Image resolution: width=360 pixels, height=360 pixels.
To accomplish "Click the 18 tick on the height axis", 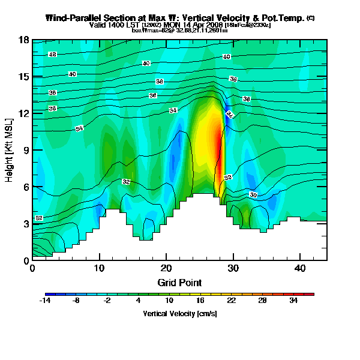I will (x=25, y=40).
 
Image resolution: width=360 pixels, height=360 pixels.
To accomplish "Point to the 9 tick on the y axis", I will (x=25, y=151).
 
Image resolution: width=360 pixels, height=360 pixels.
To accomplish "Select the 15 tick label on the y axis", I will (x=25, y=77).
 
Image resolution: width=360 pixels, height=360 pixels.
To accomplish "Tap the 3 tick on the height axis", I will (x=25, y=224).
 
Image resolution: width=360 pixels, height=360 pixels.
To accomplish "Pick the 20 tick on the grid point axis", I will (x=166, y=268).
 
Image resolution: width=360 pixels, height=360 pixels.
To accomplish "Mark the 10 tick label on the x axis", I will (x=99, y=268).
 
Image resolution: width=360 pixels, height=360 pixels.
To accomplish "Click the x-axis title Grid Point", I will (x=179, y=282).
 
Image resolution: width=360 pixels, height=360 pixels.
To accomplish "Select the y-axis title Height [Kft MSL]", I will (x=10, y=151).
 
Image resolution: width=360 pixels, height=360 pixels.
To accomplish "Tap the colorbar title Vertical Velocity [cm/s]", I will (x=180, y=314).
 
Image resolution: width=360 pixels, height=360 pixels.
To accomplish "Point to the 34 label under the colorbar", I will (x=293, y=301).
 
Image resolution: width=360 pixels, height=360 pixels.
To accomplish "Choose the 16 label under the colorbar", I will (x=200, y=301).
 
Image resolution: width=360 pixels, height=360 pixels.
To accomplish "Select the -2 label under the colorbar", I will (x=107, y=301).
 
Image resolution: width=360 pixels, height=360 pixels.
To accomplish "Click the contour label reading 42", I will (x=53, y=55).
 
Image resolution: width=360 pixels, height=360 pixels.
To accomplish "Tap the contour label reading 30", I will (x=253, y=195).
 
